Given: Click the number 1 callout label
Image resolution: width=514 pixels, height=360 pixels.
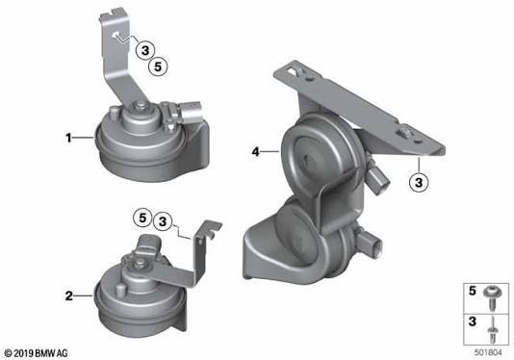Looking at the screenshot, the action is (68, 138).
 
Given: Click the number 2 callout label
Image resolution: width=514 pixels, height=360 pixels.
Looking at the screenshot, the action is (69, 296).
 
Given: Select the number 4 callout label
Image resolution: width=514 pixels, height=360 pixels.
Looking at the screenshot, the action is (255, 151).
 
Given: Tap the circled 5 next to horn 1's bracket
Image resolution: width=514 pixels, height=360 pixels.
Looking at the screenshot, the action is (158, 66).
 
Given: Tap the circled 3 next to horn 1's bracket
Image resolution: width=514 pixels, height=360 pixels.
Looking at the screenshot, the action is (145, 50).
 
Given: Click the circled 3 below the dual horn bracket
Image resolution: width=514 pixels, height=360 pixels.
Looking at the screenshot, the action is (419, 182).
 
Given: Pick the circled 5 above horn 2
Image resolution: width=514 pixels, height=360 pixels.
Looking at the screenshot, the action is (142, 218).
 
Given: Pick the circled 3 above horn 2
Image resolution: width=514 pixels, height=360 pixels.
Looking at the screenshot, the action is (163, 221).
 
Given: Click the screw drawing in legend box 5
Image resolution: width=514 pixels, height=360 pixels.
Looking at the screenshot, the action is (492, 297).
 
